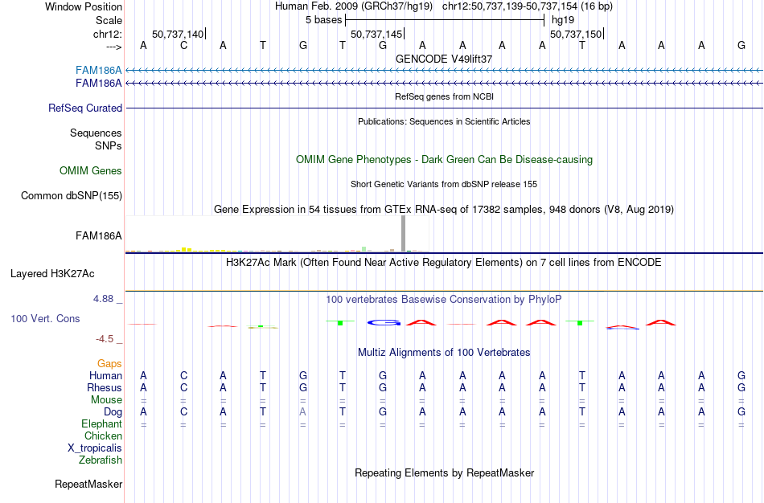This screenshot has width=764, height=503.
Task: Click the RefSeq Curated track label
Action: (x=85, y=108)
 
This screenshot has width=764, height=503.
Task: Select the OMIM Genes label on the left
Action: (x=91, y=170)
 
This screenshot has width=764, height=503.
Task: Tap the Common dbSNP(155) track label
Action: (x=72, y=195)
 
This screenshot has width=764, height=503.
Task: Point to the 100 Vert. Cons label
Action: (x=45, y=318)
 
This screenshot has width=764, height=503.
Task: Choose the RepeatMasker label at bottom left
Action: (x=88, y=484)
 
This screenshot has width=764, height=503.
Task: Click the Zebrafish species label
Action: (x=101, y=460)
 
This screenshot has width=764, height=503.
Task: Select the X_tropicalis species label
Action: (x=95, y=448)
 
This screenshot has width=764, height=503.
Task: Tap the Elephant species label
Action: (x=101, y=423)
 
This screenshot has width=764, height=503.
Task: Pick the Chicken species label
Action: (x=103, y=436)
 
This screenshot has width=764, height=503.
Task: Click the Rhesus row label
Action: (x=104, y=387)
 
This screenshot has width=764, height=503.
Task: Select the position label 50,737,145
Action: (x=376, y=35)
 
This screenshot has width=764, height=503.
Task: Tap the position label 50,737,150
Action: (x=576, y=35)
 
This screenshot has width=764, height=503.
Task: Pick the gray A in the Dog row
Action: (x=303, y=411)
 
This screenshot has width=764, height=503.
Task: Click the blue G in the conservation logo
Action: (x=384, y=322)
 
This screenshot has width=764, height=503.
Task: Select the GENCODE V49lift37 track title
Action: (x=444, y=59)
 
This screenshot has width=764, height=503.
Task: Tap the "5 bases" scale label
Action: (x=323, y=19)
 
